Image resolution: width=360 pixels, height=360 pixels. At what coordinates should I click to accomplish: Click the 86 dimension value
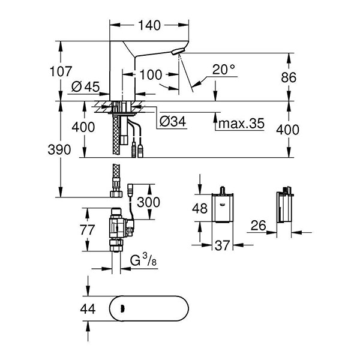click(290, 77)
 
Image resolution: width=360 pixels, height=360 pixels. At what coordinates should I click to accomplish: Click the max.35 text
click(240, 124)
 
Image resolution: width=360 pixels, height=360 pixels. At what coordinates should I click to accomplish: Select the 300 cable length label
click(149, 202)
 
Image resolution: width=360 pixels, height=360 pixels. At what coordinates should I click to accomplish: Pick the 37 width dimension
click(223, 245)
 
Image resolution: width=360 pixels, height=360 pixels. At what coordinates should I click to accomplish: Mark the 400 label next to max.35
click(290, 129)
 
